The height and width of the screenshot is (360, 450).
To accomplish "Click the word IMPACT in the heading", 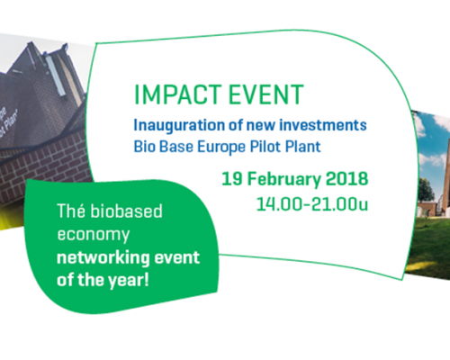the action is click(x=178, y=94).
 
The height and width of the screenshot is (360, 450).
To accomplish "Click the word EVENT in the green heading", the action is click(x=266, y=94).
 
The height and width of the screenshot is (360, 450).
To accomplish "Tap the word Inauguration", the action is click(x=179, y=125).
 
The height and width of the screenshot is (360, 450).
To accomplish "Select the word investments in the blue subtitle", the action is click(x=323, y=125).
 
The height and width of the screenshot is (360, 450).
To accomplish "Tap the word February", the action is click(x=284, y=180).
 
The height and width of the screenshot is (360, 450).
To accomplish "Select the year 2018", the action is click(x=346, y=179).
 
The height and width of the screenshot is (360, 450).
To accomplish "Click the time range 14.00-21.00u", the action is click(x=312, y=204).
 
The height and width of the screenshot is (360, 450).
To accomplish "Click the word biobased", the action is click(x=126, y=211).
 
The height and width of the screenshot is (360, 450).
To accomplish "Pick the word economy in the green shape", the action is click(x=94, y=235).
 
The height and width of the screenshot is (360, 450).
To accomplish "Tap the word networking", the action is click(x=103, y=258).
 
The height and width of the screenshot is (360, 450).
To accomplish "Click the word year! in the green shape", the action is click(x=129, y=281).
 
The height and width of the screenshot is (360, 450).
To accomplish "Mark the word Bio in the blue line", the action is click(x=144, y=147).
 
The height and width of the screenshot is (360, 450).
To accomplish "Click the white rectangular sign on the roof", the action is click(x=55, y=75).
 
